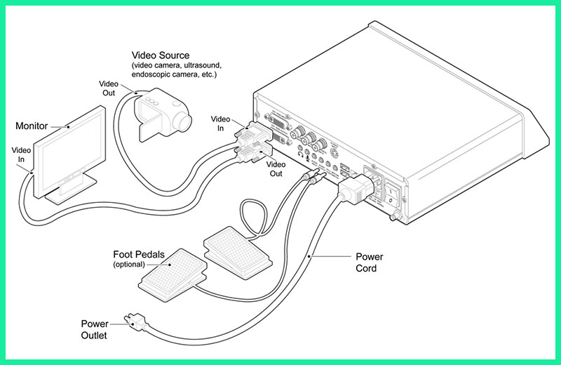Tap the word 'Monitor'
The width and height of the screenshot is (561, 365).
[32, 126]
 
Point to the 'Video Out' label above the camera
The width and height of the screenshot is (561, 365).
[112, 88]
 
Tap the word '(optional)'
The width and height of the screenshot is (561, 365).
[128, 265]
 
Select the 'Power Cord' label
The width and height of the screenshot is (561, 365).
[369, 263]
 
